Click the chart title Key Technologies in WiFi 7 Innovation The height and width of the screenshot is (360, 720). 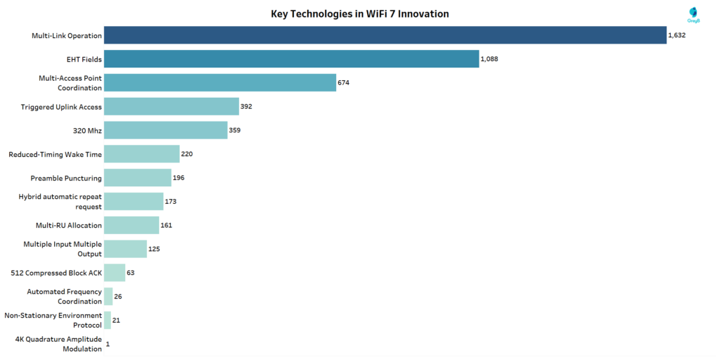click(359, 13)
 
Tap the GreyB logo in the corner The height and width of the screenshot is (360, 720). click(693, 14)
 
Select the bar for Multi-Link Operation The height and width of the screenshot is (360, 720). click(385, 35)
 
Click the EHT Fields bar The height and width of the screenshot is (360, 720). click(291, 59)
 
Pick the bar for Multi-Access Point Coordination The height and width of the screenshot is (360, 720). click(220, 83)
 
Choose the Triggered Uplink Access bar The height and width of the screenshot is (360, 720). click(172, 107)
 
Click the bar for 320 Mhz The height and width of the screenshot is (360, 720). click(166, 130)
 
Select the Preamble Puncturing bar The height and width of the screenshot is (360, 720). click(138, 178)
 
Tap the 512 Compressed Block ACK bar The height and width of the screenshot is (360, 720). click(115, 272)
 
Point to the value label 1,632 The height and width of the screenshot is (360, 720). click(676, 36)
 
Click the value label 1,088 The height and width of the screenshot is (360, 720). click(489, 60)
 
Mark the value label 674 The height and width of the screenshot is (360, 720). click(343, 83)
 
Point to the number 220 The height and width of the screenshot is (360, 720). click(187, 154)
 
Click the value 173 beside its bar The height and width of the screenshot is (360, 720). click(170, 202)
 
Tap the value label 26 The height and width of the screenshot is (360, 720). click(118, 296)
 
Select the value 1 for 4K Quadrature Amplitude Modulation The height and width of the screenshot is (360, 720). click(108, 344)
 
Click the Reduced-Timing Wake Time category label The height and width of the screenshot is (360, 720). click(55, 154)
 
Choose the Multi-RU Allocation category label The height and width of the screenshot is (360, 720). click(69, 225)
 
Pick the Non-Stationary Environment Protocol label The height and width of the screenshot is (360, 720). click(53, 320)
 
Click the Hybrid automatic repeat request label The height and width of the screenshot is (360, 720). click(60, 202)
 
